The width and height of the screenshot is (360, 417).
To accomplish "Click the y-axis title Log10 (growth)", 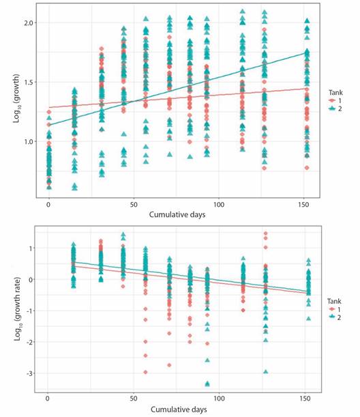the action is [x=17, y=98].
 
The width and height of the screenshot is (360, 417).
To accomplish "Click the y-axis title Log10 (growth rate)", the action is [x=17, y=309].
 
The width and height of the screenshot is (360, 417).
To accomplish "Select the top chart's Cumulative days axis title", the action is [x=177, y=214].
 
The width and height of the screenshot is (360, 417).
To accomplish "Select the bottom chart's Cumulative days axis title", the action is [x=179, y=409].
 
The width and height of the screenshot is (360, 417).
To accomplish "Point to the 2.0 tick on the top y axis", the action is [x=28, y=23].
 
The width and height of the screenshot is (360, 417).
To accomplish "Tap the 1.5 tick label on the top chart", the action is [x=28, y=82].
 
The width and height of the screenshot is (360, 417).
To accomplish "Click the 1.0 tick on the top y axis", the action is [x=28, y=141].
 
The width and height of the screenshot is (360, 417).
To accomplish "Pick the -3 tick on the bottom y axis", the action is [x=29, y=373].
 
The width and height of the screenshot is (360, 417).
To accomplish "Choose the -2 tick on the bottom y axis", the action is [x=29, y=342].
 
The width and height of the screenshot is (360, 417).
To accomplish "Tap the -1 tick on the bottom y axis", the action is [x=29, y=311].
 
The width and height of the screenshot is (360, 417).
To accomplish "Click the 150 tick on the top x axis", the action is [x=303, y=205].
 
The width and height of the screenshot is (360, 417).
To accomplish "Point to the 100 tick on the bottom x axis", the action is [x=219, y=399].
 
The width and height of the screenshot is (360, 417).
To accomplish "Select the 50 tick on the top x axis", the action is [x=134, y=205].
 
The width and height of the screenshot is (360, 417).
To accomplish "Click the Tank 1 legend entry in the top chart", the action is [x=335, y=101].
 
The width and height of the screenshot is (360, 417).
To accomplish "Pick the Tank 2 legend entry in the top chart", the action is [x=335, y=109].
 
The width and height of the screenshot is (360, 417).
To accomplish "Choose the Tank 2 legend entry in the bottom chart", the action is [x=335, y=317].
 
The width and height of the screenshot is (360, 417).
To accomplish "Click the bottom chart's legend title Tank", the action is [x=334, y=301].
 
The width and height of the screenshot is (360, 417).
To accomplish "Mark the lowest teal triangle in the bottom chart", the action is [x=207, y=384].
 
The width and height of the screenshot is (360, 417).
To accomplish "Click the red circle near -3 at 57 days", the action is [x=145, y=372].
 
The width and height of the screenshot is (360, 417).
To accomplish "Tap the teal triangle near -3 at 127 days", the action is [x=266, y=372].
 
